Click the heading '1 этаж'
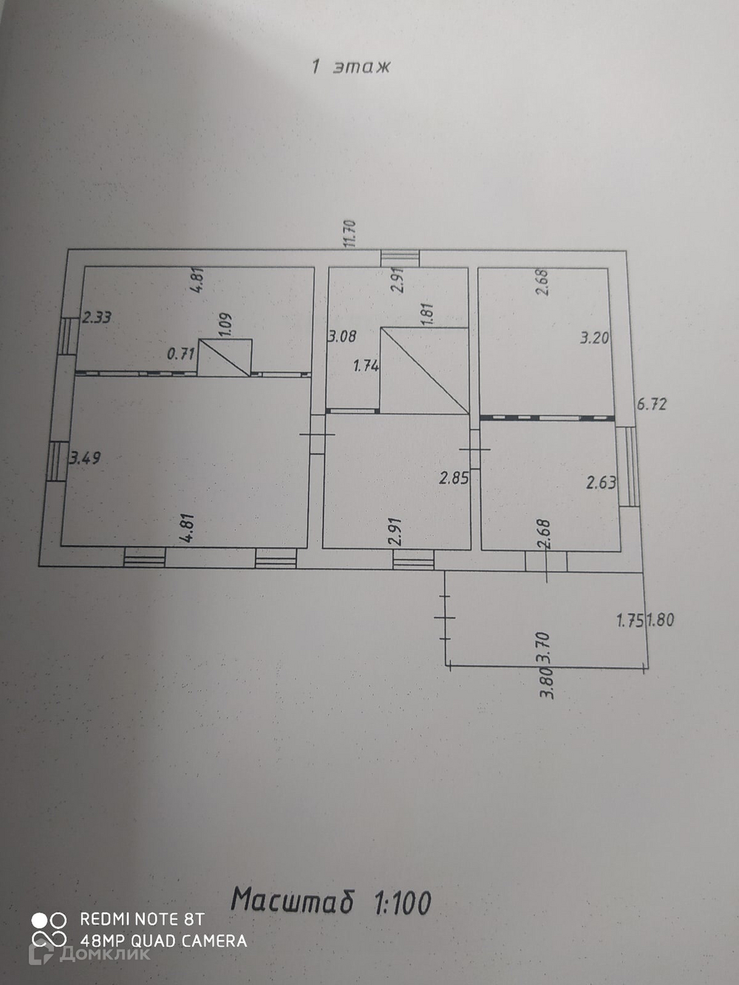(x=350, y=67)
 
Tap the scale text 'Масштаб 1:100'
(x=331, y=902)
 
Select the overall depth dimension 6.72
(x=651, y=404)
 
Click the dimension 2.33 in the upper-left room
(x=96, y=318)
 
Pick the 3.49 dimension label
(x=85, y=458)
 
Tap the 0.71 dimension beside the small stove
(x=180, y=353)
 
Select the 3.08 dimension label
(x=342, y=337)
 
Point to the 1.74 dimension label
(x=366, y=365)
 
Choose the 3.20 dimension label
(x=594, y=338)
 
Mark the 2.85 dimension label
(x=454, y=478)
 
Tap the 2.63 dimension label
(x=601, y=483)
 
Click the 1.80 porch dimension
(x=661, y=620)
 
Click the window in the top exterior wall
(x=400, y=258)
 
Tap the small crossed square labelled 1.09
(x=225, y=358)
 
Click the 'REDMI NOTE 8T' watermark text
(x=142, y=919)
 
